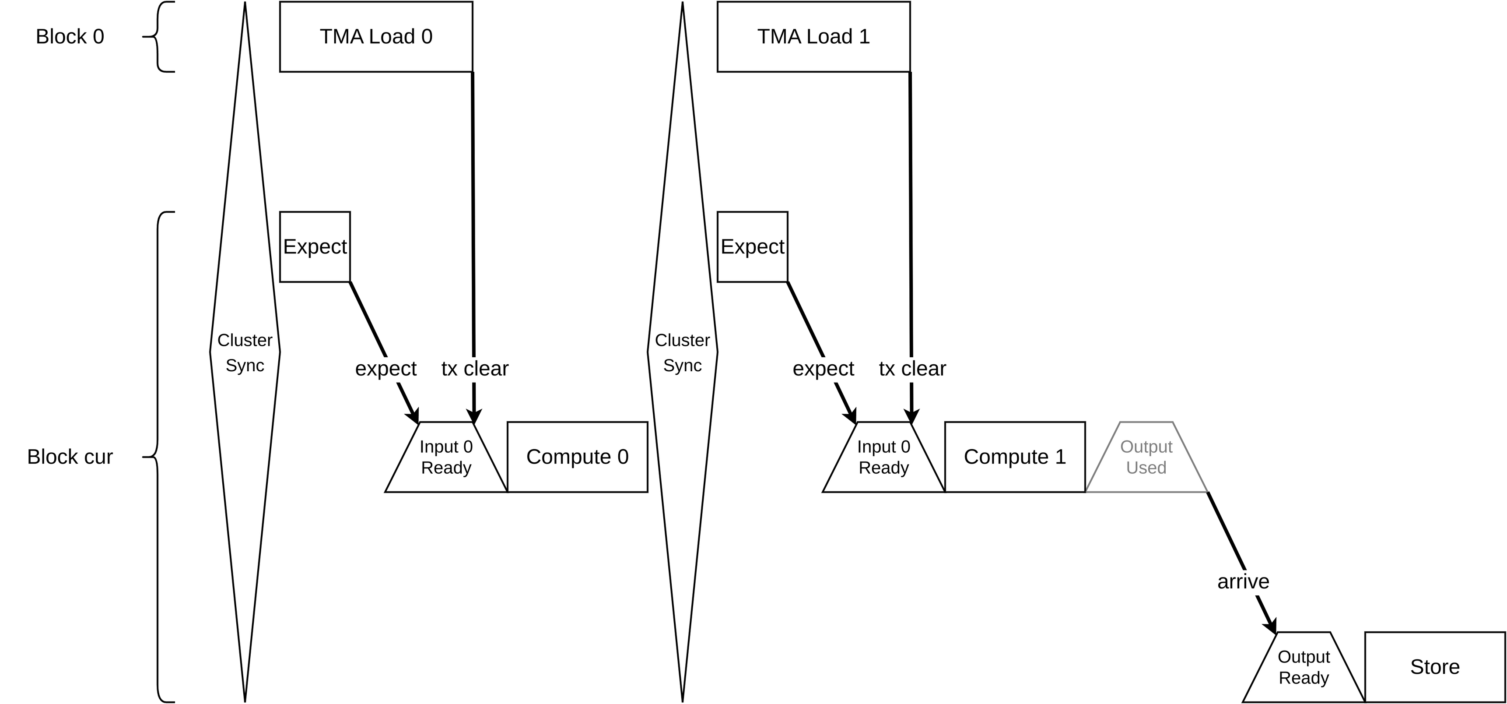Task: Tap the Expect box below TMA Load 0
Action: coord(315,247)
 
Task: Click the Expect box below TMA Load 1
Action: coord(752,247)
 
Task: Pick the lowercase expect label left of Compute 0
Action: coord(386,369)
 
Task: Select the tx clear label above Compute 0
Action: coord(475,369)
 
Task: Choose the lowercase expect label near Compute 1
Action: coord(823,369)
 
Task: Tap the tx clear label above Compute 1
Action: coord(913,369)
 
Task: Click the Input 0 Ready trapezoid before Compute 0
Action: coord(446,457)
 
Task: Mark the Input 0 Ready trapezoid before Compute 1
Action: coord(883,457)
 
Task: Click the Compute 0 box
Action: coord(578,457)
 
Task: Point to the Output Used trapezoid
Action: coord(1146,457)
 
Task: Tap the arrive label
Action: coord(1243,582)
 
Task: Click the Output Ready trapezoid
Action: coord(1304,667)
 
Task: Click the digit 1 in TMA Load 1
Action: coord(864,37)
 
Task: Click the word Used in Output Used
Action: coord(1146,468)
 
